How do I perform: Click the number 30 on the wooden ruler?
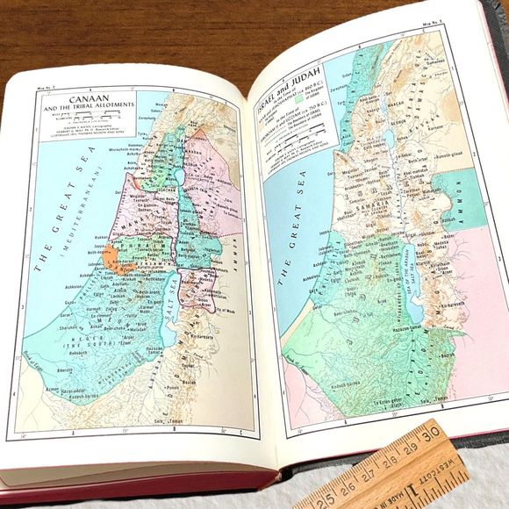[433, 436]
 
